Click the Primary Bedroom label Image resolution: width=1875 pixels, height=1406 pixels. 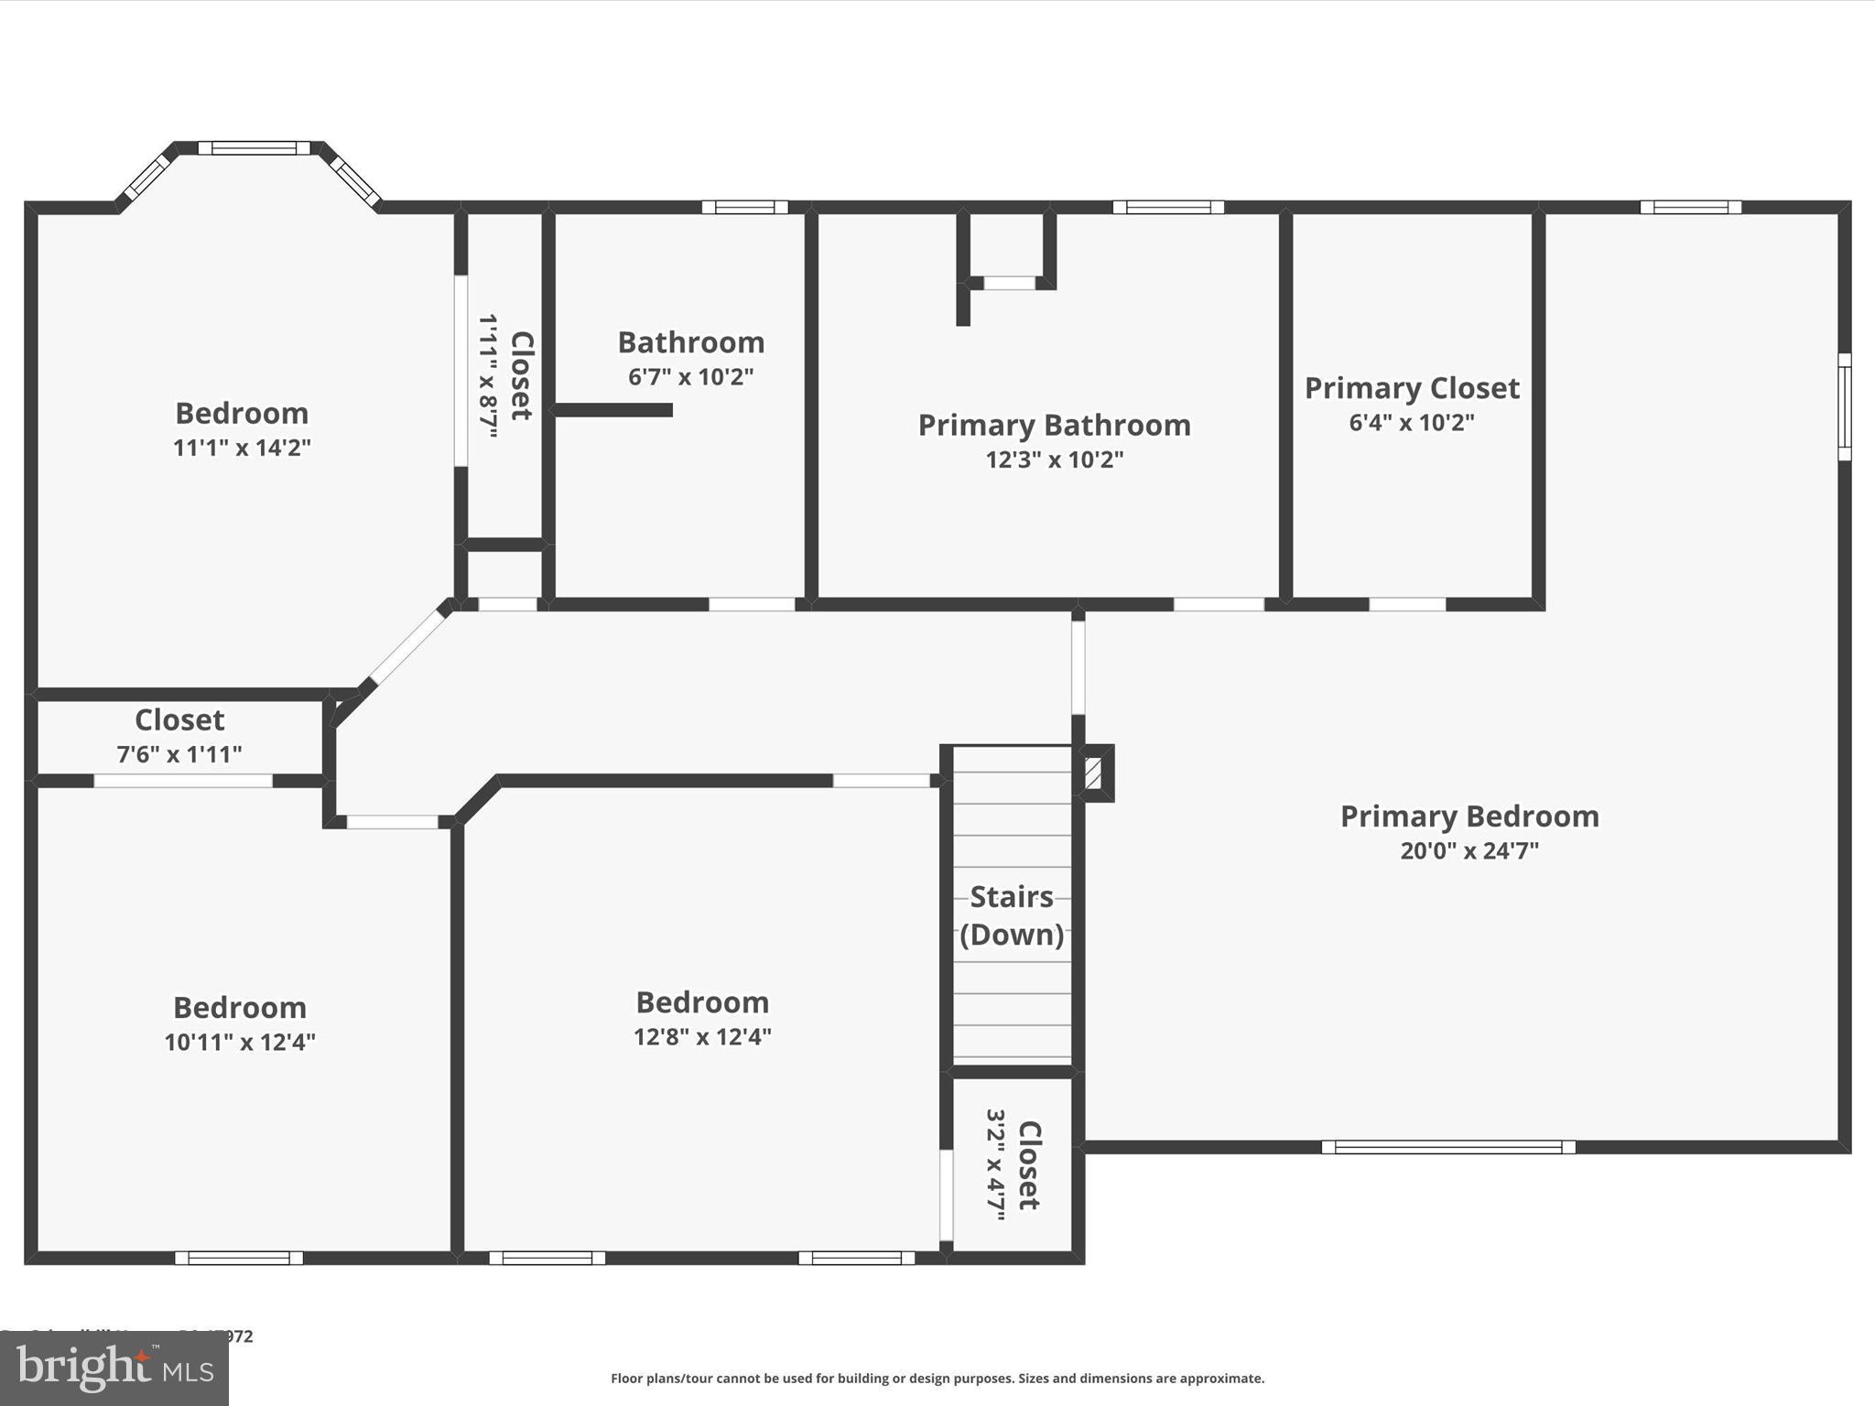point(1469,817)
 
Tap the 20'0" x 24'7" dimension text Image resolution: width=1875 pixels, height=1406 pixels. point(1469,851)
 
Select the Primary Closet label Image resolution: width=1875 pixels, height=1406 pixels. point(1411,388)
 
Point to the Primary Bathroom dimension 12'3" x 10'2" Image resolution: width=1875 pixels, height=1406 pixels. point(1054,460)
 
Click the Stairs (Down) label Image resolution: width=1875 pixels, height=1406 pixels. point(1012,915)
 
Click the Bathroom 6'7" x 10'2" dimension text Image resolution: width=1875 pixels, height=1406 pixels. point(690,377)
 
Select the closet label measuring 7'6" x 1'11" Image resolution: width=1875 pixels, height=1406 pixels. point(179,720)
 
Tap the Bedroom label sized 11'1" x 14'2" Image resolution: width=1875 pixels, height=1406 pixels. point(242,414)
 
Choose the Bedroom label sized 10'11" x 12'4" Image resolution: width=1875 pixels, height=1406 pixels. point(240,1008)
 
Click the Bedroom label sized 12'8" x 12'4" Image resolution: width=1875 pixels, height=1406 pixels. point(702,1002)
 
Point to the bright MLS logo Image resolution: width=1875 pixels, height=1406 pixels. point(114,1368)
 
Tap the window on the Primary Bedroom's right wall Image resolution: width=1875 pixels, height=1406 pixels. point(1844,406)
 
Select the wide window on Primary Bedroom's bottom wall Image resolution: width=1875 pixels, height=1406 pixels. point(1447,1147)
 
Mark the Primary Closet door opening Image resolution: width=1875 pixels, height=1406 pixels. point(1406,604)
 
